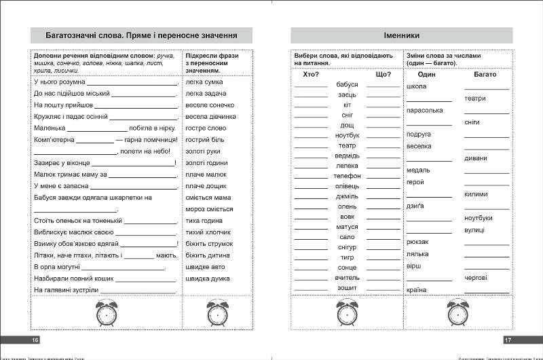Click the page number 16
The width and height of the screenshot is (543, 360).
click(26, 339)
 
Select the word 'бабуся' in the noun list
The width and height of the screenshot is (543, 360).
click(347, 85)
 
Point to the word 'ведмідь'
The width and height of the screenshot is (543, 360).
click(347, 156)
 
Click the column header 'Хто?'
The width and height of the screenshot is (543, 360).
click(312, 74)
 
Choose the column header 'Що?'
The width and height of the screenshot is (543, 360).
click(383, 74)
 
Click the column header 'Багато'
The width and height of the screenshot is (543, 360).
click(485, 74)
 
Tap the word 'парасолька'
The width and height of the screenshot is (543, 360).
click(424, 110)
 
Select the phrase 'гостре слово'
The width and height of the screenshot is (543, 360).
click(206, 128)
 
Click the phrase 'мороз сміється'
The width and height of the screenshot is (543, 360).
click(208, 210)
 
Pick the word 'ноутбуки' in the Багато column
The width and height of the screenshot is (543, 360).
click(479, 218)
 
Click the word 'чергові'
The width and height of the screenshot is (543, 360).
click(476, 278)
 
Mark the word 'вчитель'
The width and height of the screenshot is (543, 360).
click(347, 278)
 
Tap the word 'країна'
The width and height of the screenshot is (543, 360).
click(417, 290)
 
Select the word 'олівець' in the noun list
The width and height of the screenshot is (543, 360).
click(347, 186)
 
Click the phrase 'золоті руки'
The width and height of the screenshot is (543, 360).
click(203, 151)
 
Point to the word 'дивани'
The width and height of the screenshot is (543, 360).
click(476, 158)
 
